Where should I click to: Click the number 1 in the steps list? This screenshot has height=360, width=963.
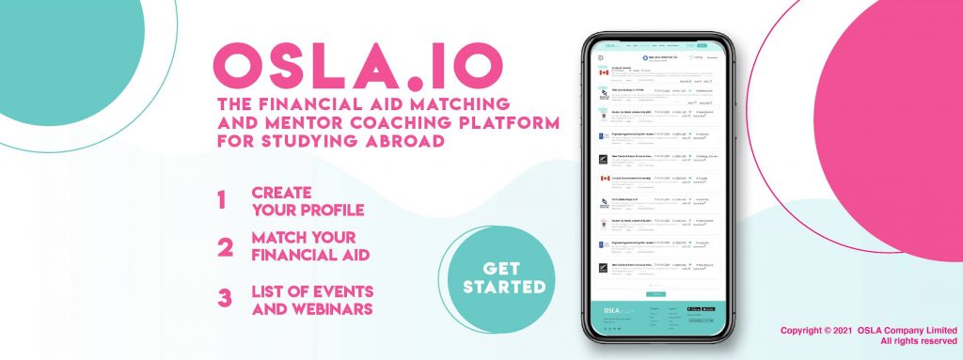(x=222, y=201)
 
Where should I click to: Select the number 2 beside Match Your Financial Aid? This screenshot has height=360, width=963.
(x=224, y=248)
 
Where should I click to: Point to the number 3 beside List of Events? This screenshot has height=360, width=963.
(x=225, y=298)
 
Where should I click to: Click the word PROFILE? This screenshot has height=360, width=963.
(x=331, y=209)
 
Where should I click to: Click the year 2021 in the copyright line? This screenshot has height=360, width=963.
(x=854, y=330)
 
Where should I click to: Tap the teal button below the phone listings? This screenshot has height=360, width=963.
(x=655, y=294)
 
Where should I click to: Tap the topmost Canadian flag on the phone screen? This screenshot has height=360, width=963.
(x=604, y=72)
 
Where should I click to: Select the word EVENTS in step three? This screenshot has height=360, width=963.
(x=346, y=288)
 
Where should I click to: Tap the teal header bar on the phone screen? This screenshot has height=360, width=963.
(x=655, y=44)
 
